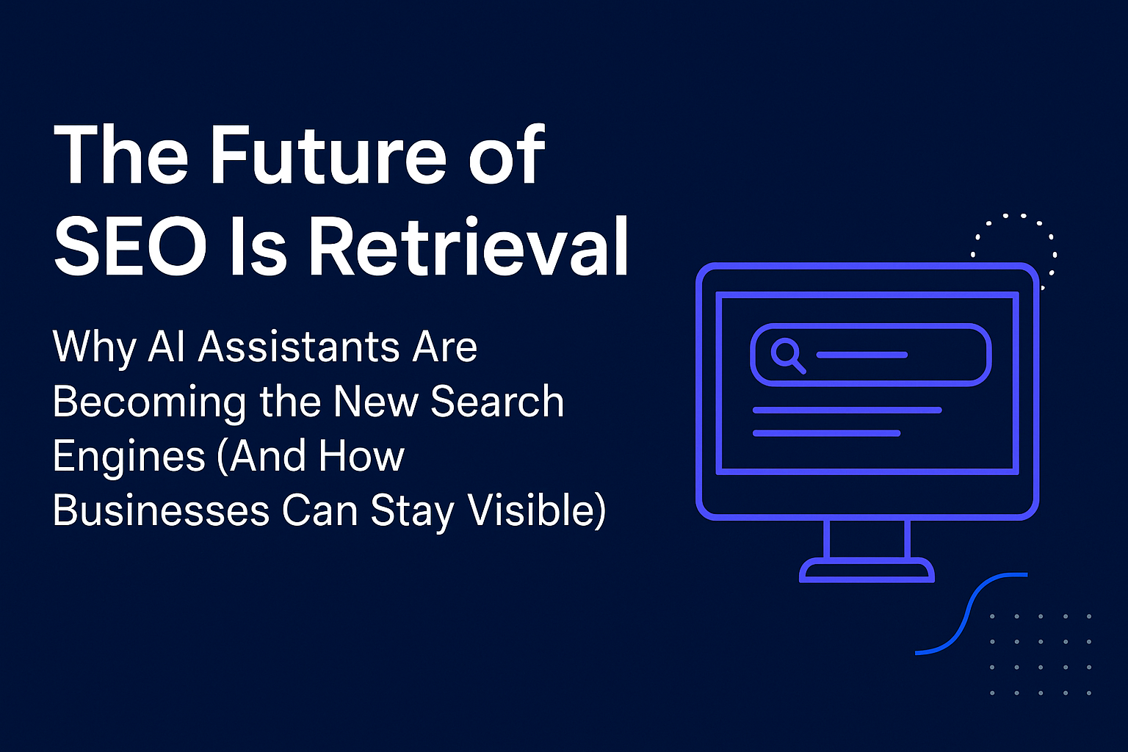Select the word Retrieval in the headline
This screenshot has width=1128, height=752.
point(469,247)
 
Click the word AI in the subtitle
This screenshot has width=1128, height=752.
point(166,347)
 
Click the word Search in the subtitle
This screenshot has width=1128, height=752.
point(497,402)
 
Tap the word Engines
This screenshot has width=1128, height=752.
point(129,458)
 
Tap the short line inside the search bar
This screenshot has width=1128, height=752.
point(861,355)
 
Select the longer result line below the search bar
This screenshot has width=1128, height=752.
point(847,411)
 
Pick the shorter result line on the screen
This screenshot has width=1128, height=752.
point(826,433)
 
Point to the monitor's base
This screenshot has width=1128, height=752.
point(867,571)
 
